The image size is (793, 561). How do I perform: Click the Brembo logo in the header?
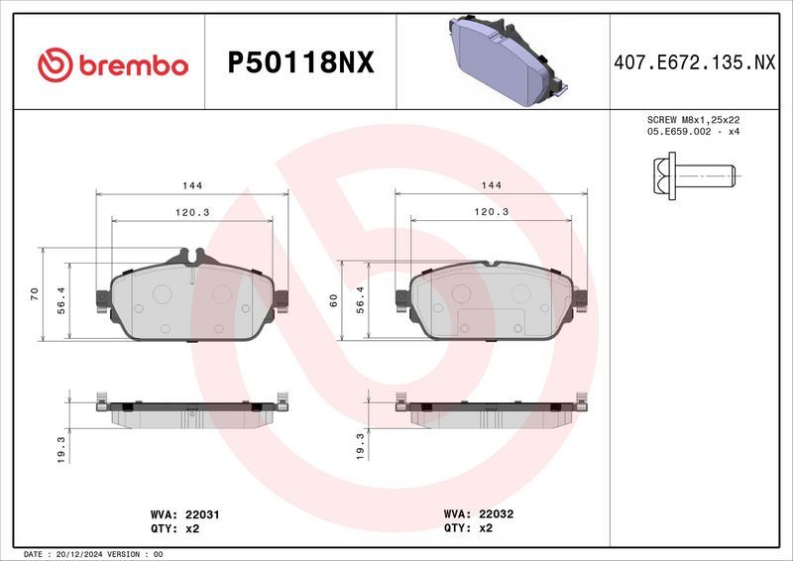(112, 64)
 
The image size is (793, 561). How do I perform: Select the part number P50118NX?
(300, 63)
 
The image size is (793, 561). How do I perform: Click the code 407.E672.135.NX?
(693, 63)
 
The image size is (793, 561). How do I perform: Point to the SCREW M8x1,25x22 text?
(693, 119)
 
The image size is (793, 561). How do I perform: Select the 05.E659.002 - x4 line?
(693, 131)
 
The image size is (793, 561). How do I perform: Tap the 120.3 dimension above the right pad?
(491, 212)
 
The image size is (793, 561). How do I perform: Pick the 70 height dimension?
(34, 293)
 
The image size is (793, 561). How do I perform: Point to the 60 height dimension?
(334, 300)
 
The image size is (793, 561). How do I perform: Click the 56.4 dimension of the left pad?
(60, 301)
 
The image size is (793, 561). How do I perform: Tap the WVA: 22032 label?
(479, 515)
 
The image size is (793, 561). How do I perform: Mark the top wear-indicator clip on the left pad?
(188, 257)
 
